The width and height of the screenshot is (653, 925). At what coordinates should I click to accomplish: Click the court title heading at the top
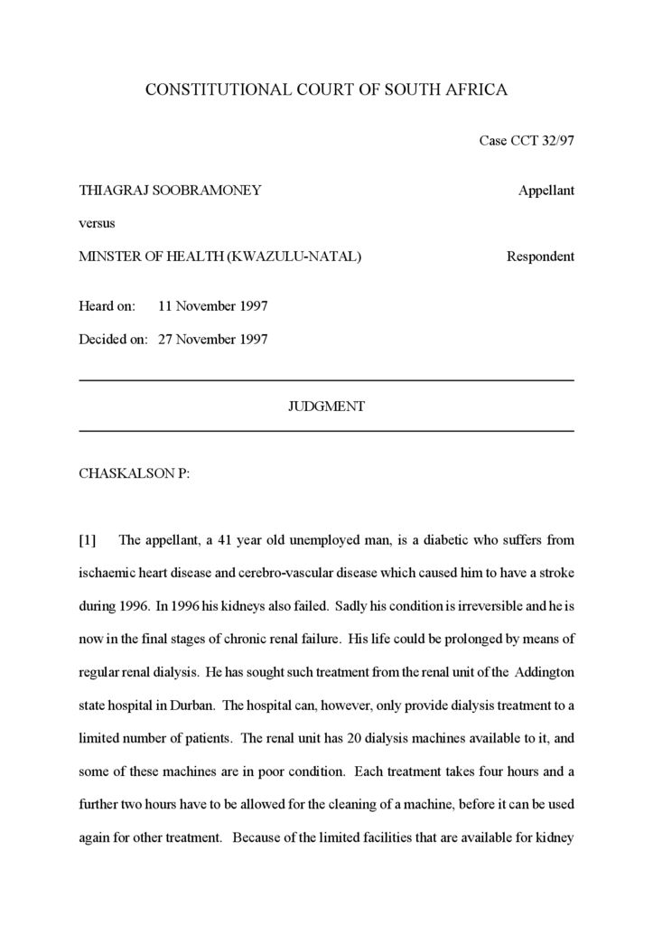pos(326,89)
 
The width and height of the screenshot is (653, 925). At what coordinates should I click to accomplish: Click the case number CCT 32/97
pos(527,141)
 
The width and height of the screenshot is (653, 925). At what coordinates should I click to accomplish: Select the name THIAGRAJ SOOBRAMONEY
pos(170,191)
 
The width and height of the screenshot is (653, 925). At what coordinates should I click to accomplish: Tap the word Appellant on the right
pos(546,191)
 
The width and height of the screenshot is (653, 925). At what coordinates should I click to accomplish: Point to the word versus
pos(97,223)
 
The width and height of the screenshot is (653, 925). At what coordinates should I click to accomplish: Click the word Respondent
pos(540,257)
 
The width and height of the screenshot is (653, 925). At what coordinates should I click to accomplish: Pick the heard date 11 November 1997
pos(212,306)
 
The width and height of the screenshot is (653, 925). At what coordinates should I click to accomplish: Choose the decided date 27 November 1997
pos(212,340)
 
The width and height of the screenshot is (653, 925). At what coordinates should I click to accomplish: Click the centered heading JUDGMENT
pos(326,406)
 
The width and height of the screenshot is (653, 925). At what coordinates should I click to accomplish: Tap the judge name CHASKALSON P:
pos(135,473)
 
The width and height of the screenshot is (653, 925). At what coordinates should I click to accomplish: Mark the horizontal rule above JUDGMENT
pos(326,381)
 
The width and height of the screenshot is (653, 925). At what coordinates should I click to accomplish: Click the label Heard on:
pos(107,306)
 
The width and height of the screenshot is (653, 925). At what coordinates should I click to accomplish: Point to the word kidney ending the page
pos(555,837)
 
